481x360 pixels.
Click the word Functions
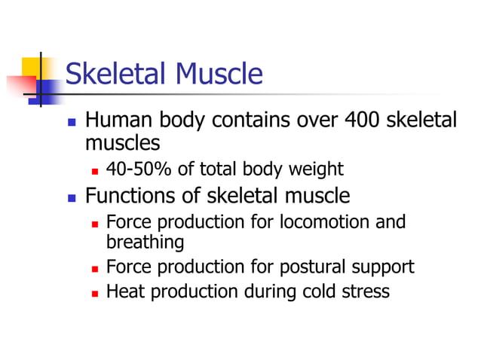(x=133, y=197)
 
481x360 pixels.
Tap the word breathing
(x=145, y=243)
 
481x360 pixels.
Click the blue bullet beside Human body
(x=72, y=121)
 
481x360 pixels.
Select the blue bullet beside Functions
(x=72, y=198)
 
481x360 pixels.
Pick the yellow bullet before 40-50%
(x=94, y=170)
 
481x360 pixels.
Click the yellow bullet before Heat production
(x=94, y=292)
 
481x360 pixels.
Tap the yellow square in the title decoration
(x=32, y=67)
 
